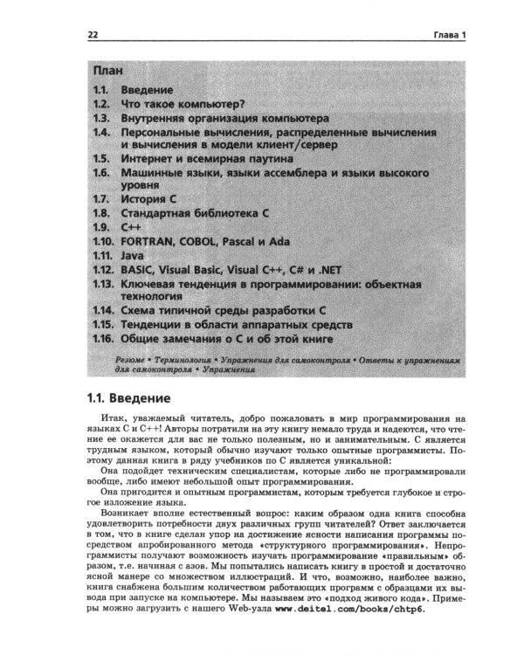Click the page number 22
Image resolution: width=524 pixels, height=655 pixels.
tap(93, 36)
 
